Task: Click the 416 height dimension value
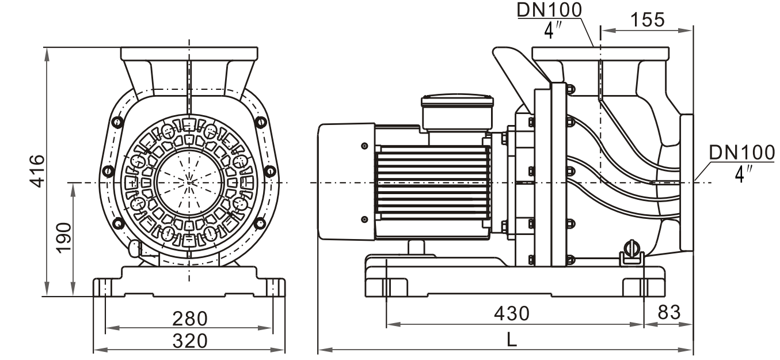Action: pyautogui.click(x=36, y=170)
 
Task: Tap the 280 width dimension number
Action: pyautogui.click(x=190, y=318)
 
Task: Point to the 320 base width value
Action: pyautogui.click(x=190, y=340)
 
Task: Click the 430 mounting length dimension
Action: pyautogui.click(x=512, y=313)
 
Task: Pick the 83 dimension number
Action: pyautogui.click(x=668, y=313)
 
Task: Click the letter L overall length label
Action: pyautogui.click(x=512, y=340)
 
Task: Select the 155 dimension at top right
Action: pyautogui.click(x=647, y=20)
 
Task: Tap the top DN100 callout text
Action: pyautogui.click(x=550, y=9)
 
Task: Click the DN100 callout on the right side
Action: pyautogui.click(x=742, y=152)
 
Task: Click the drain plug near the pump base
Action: pyautogui.click(x=633, y=250)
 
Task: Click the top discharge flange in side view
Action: pyautogui.click(x=600, y=54)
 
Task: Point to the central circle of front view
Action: pyautogui.click(x=189, y=182)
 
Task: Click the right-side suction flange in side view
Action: pyautogui.click(x=687, y=182)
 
